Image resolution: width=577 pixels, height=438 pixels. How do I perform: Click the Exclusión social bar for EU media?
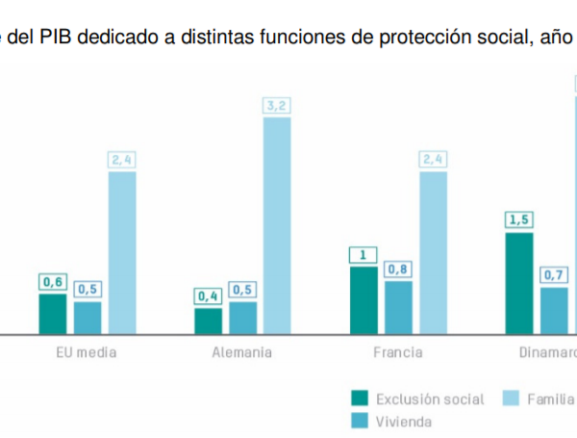click(53, 314)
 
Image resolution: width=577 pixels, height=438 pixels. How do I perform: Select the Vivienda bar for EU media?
click(88, 318)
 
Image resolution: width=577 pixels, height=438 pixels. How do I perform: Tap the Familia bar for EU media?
click(122, 252)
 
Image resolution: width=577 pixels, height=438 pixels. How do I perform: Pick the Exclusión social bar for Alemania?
click(209, 321)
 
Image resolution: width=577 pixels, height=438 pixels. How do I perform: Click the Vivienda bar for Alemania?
click(243, 318)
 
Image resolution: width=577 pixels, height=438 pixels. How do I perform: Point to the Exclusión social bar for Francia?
click(364, 300)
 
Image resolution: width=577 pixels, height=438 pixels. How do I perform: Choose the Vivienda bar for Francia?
click(398, 307)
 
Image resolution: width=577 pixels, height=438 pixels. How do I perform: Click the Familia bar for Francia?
click(433, 252)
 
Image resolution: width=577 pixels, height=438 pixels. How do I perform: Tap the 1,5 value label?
click(519, 220)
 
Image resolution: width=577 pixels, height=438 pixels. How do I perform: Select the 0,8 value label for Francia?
click(398, 270)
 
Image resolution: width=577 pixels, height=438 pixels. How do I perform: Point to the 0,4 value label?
click(209, 296)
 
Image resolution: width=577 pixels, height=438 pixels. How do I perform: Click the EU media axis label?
click(88, 352)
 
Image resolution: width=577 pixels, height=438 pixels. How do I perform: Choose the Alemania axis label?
click(242, 352)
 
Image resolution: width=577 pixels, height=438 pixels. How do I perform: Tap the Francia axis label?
click(397, 352)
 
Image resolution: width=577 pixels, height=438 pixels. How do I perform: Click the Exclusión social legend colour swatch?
click(361, 399)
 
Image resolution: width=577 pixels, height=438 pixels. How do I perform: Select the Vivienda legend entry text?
click(404, 421)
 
